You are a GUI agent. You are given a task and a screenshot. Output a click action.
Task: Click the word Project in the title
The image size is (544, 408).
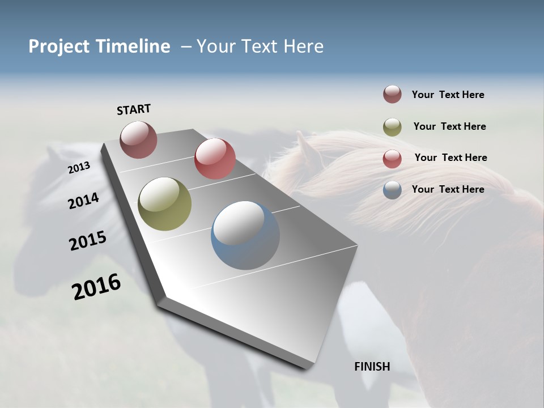click(59, 46)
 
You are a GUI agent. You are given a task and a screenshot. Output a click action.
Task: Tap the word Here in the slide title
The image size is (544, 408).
click(303, 46)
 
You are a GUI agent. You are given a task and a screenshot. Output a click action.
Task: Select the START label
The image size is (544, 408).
click(134, 109)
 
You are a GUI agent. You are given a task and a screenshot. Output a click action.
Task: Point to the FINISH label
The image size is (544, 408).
click(372, 367)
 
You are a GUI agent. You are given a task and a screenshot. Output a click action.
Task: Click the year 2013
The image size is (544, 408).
click(79, 168)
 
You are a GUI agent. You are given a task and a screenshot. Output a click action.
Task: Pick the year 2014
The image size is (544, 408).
click(84, 201)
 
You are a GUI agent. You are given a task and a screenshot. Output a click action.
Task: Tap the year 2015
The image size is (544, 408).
click(88, 241)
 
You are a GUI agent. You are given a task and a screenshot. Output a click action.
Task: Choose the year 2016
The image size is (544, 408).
click(96, 287)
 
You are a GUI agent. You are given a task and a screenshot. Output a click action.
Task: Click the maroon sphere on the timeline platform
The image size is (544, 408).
click(138, 139)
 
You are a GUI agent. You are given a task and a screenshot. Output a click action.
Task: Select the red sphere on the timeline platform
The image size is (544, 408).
click(215, 158)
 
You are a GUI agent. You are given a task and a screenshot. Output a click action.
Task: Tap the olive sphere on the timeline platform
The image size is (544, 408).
click(164, 204)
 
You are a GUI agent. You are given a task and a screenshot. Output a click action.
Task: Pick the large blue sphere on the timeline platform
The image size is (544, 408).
click(245, 235)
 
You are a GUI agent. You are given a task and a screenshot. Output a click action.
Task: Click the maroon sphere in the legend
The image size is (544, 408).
click(392, 95)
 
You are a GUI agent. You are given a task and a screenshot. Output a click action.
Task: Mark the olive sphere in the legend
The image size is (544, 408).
click(392, 127)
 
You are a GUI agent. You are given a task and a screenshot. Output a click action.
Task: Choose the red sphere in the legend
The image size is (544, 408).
click(392, 159)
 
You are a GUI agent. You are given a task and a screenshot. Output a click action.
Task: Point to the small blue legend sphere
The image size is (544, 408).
click(392, 190)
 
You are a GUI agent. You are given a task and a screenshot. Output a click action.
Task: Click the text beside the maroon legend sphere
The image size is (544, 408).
click(448, 95)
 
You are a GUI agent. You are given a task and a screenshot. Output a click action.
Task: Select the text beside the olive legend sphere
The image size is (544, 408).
click(449, 126)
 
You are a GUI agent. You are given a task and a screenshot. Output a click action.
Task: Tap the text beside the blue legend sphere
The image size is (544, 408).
click(448, 189)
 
